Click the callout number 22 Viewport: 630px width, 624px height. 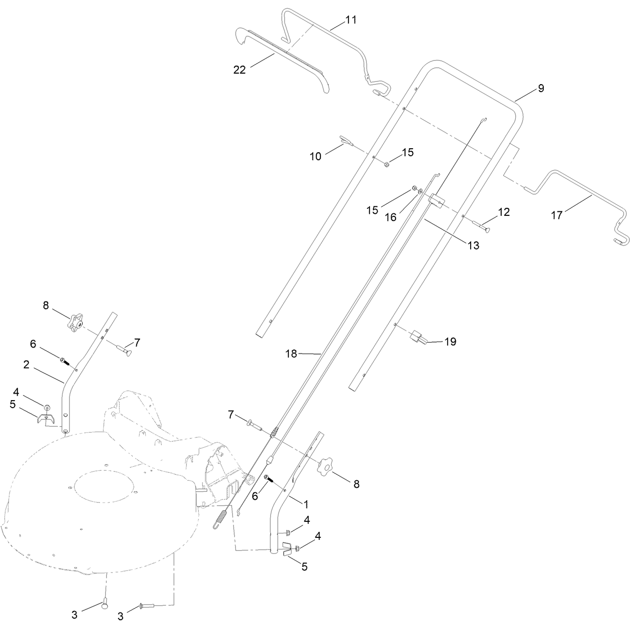[x=239, y=70]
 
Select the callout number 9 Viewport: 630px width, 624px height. [x=541, y=88]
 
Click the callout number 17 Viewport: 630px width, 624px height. [x=556, y=215]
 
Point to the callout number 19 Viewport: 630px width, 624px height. [x=450, y=342]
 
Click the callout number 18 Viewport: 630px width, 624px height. [x=291, y=354]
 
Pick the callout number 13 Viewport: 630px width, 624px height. [x=473, y=245]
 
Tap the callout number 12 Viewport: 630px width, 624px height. [x=504, y=212]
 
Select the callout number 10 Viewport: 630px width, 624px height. [x=316, y=156]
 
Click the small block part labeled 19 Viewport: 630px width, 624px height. [x=419, y=336]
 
